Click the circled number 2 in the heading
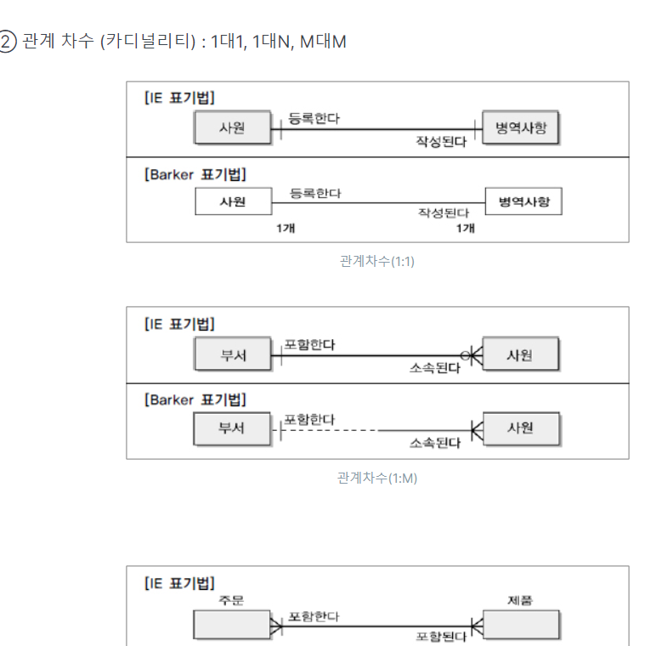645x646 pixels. tap(8, 41)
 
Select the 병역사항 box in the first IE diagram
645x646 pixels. tap(521, 128)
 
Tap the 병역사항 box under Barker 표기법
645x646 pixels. tap(523, 202)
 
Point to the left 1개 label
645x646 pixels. tap(286, 228)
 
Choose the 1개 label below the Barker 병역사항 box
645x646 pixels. tap(465, 228)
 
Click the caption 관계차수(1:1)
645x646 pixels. tap(376, 261)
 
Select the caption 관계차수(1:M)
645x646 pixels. tap(376, 478)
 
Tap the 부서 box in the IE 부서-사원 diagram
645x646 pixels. tap(232, 354)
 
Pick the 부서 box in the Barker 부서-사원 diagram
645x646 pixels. tap(231, 428)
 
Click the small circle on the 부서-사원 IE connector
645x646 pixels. tap(465, 354)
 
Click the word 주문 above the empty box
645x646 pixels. tap(231, 600)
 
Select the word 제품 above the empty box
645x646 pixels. tap(520, 600)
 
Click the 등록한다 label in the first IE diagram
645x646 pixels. tap(314, 118)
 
